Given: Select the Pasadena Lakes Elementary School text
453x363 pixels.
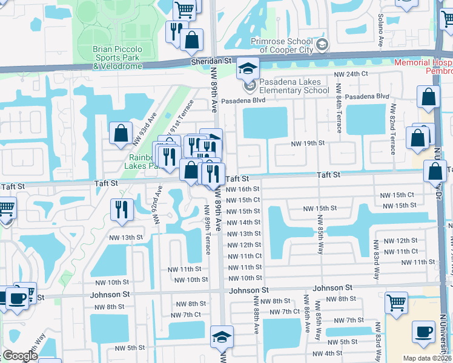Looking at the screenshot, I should (294, 86).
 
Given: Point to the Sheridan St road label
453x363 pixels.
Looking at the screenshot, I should (212, 61).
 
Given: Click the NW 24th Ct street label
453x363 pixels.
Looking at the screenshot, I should (352, 74).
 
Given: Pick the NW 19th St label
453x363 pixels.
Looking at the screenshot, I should (308, 143).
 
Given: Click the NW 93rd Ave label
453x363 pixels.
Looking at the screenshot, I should (145, 129).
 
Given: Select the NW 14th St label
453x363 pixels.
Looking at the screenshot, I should (243, 223).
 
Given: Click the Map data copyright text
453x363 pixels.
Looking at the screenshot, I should (426, 358).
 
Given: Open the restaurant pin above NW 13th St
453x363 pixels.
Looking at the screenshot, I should (122, 209).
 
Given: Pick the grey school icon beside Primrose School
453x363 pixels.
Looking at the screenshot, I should (322, 44).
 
